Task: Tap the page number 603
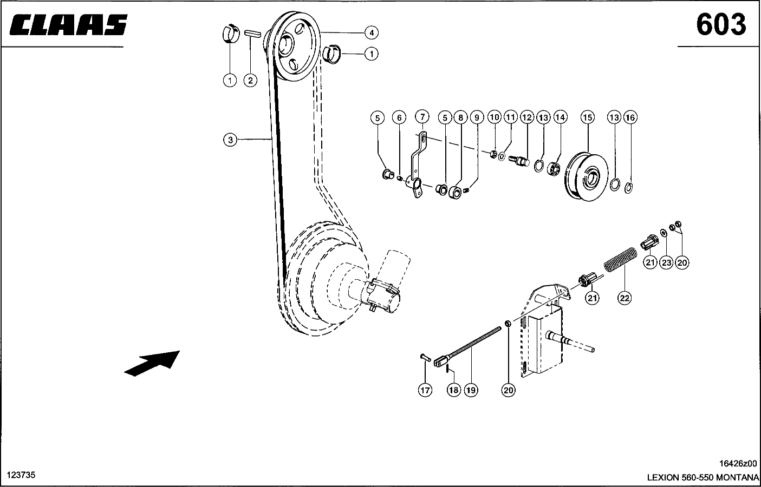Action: click(721, 24)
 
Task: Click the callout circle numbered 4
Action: click(372, 33)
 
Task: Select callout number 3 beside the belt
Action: click(230, 140)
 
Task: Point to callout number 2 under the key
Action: click(250, 81)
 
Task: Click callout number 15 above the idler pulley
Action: click(587, 117)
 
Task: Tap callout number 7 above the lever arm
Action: click(422, 117)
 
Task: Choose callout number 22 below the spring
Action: click(625, 298)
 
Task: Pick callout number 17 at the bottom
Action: click(425, 390)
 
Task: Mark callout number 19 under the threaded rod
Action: click(471, 390)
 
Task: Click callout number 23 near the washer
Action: click(666, 262)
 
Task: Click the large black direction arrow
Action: click(152, 364)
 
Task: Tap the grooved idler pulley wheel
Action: click(587, 177)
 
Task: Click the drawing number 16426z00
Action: click(738, 464)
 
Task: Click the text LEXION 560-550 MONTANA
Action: click(703, 477)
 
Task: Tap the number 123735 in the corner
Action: click(21, 475)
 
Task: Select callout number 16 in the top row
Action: click(630, 117)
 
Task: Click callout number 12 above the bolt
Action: click(527, 117)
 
